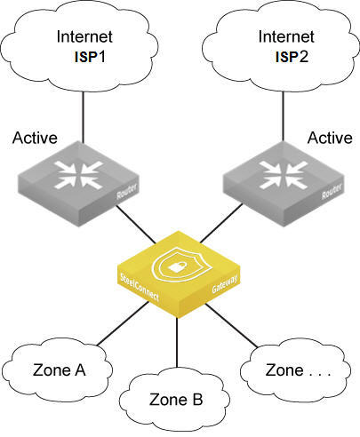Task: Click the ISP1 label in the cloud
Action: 90,56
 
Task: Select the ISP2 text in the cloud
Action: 292,56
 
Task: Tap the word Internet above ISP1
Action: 84,36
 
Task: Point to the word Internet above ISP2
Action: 286,36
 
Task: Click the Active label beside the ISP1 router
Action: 35,138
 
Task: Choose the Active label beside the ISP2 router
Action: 330,138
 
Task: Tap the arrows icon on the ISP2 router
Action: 283,175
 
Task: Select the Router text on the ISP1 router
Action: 127,192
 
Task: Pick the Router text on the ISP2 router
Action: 332,191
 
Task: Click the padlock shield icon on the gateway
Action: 181,265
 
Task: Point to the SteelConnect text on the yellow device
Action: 140,287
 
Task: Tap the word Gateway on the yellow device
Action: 225,284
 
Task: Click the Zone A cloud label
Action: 60,370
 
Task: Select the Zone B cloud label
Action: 176,400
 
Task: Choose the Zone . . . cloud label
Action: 298,370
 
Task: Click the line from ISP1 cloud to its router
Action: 83,117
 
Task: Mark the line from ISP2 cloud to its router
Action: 283,116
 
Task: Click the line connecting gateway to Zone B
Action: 177,343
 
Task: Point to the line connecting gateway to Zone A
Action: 123,323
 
